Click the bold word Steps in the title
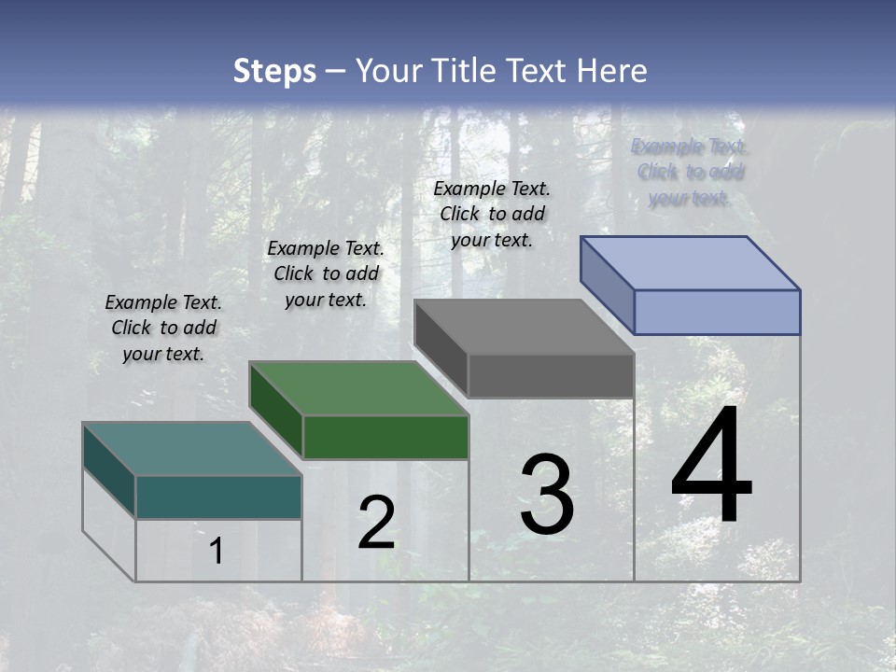[274, 71]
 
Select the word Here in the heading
[611, 71]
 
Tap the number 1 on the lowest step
[216, 552]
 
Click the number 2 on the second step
[376, 524]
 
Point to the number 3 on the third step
[547, 495]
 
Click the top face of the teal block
[191, 449]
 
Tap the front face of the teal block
[218, 497]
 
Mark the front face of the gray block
[551, 376]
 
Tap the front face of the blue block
[717, 312]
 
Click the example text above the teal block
[163, 328]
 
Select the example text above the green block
[326, 273]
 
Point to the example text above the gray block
[492, 214]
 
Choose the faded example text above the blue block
[690, 172]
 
